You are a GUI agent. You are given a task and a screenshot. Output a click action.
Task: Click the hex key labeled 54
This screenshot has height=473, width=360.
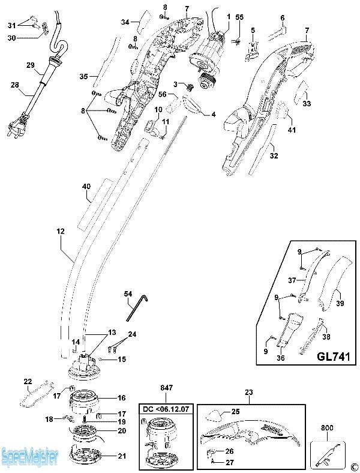(x=137, y=307)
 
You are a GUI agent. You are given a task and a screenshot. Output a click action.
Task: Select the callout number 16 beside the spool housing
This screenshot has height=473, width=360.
(x=121, y=397)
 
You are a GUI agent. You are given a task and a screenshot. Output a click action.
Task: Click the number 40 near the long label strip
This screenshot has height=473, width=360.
(x=86, y=187)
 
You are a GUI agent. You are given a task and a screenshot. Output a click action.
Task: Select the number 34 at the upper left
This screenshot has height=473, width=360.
(x=125, y=22)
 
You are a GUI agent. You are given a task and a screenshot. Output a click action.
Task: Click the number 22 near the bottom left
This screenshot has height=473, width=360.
(x=28, y=382)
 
